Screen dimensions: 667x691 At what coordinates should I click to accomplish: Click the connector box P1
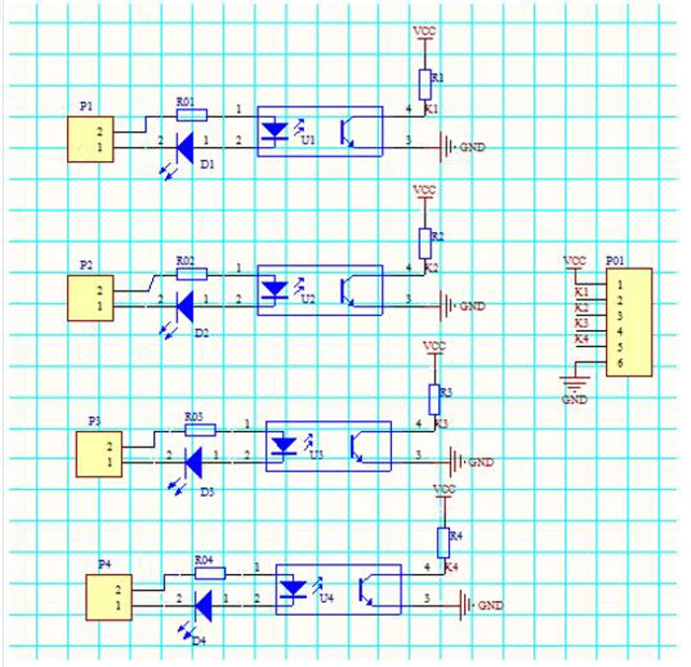click(91, 139)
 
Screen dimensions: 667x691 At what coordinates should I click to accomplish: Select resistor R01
click(191, 114)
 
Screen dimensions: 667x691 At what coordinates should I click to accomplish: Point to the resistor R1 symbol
click(425, 80)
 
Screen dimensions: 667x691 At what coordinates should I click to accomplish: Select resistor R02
click(192, 273)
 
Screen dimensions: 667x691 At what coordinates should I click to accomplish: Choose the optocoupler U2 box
click(319, 290)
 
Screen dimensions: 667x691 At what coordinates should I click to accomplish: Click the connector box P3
click(100, 455)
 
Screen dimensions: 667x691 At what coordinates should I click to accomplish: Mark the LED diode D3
click(193, 459)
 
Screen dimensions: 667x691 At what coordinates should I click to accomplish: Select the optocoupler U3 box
click(329, 446)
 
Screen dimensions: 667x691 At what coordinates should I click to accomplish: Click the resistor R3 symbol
click(434, 398)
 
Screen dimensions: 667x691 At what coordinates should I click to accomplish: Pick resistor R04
click(209, 572)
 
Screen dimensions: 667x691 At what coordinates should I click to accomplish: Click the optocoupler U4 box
click(338, 589)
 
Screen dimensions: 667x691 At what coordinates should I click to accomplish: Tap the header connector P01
click(629, 321)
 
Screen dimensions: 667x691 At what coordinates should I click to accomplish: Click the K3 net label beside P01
click(581, 323)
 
